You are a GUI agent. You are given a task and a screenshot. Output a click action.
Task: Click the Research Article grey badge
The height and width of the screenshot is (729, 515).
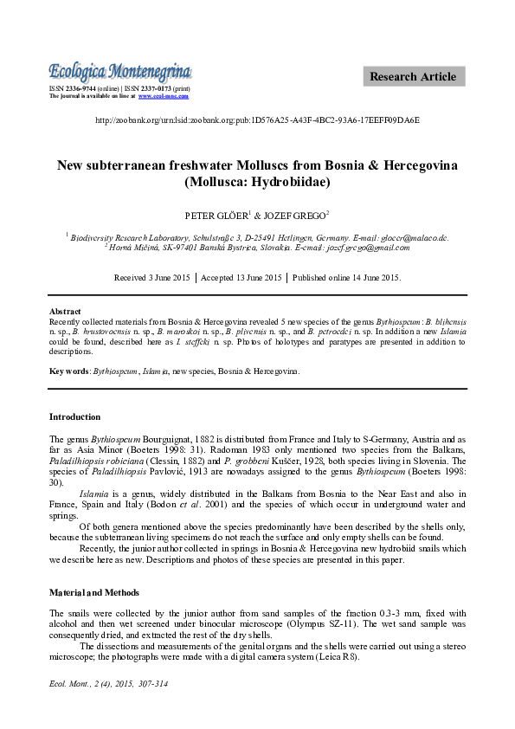click(413, 76)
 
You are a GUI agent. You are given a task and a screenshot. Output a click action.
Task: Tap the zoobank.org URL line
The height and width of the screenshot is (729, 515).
click(257, 120)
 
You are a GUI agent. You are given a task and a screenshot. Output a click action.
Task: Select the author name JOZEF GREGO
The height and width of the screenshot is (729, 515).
click(296, 213)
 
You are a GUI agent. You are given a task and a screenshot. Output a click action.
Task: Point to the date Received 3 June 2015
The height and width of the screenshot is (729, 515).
click(153, 278)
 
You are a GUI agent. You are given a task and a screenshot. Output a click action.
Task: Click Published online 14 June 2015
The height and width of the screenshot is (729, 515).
click(346, 278)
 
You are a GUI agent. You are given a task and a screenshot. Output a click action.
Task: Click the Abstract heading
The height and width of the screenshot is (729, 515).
click(65, 311)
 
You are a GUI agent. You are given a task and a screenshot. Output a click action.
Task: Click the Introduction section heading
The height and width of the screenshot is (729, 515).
click(74, 416)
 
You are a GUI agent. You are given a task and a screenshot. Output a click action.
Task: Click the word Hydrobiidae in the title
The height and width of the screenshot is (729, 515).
click(291, 182)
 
